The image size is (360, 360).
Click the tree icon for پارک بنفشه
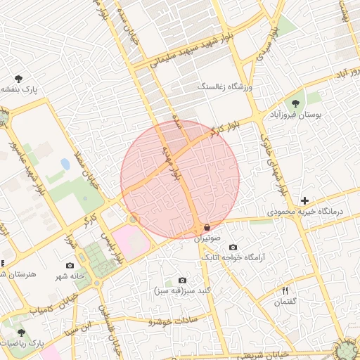(x=18, y=79)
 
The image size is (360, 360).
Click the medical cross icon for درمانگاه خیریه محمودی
(x=304, y=200)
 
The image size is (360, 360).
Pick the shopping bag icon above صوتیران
(x=207, y=228)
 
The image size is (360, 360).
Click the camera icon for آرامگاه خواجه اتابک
(x=233, y=247)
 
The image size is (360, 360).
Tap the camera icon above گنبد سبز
(x=183, y=280)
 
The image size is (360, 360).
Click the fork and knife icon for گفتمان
(x=285, y=290)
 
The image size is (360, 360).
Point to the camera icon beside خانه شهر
(x=70, y=265)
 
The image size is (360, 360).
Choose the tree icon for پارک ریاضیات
(x=21, y=331)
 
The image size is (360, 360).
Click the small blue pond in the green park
(x=65, y=164)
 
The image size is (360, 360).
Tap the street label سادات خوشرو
(x=173, y=321)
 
